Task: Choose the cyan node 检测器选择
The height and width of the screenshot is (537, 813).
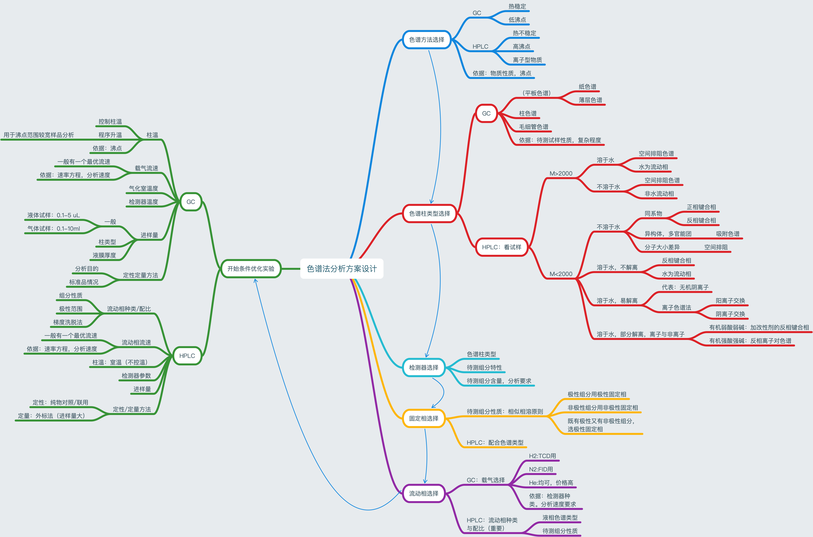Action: click(x=424, y=368)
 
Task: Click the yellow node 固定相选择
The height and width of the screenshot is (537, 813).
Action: click(x=424, y=418)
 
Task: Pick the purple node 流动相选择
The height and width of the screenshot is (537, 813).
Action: click(x=424, y=493)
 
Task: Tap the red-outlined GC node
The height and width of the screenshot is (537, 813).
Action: click(x=486, y=113)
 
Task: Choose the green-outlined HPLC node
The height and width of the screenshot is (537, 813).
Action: click(x=187, y=356)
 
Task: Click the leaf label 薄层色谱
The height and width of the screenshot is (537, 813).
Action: click(x=590, y=100)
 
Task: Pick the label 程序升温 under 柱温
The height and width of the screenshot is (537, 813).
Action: click(x=110, y=135)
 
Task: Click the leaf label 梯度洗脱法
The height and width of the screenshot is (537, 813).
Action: click(x=68, y=322)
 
